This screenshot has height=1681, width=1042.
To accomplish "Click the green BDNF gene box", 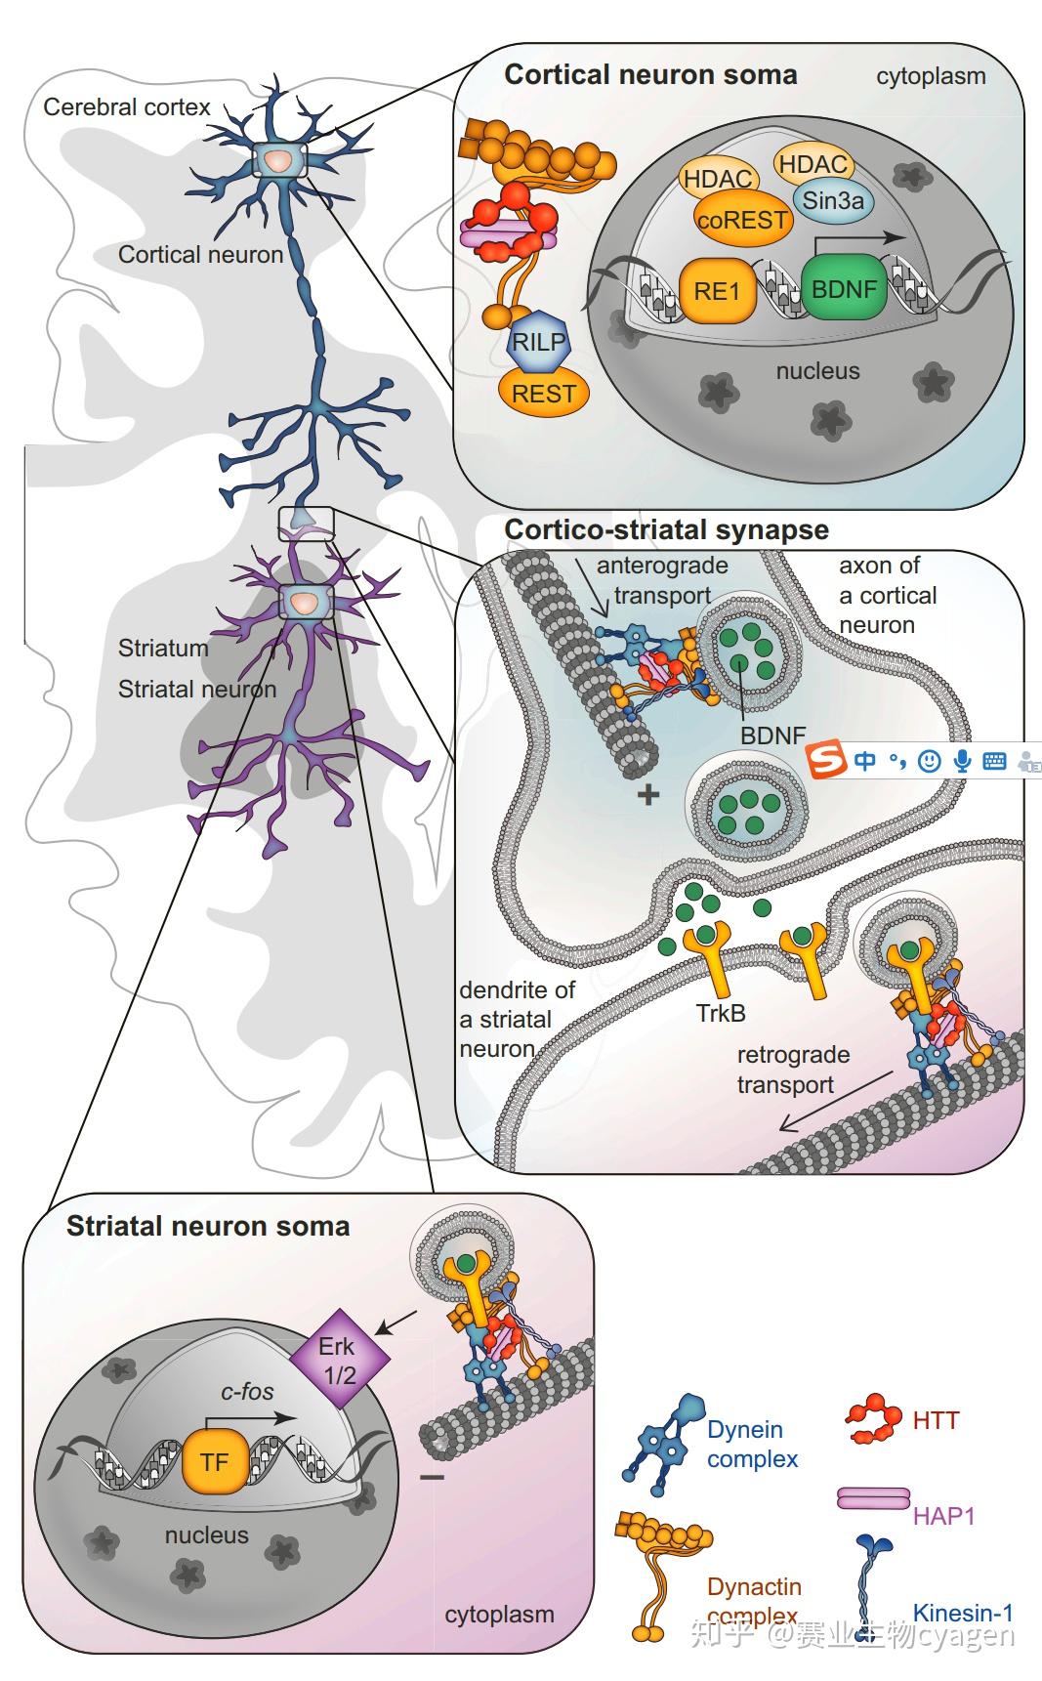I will pos(844,289).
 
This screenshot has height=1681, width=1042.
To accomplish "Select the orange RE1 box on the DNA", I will pos(717,290).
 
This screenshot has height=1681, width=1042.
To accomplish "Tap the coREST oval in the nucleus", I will pos(741,220).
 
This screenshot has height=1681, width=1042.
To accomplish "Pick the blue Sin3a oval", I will pos(832,201).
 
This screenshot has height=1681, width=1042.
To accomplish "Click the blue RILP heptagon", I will pos(538,343).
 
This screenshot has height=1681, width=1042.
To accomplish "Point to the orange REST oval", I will pos(543,393).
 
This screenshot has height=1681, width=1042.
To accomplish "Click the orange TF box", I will pos(214,1461).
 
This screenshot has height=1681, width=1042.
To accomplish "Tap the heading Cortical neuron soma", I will pos(650,75).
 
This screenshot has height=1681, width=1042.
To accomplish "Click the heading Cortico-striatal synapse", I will pos(666,530).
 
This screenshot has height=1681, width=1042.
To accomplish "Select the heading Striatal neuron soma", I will pos(207,1226).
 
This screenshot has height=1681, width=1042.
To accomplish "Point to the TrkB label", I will pos(721,1014).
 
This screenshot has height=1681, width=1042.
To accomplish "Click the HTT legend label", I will pos(936,1420).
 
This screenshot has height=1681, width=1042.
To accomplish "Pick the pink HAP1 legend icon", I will pos(873,1497).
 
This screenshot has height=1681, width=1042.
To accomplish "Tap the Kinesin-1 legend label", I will pos(962,1612).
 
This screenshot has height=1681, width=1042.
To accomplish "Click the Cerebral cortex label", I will pos(126,106).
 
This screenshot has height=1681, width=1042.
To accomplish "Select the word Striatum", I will pos(163,648).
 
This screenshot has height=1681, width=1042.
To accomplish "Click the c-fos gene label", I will pos(246,1391).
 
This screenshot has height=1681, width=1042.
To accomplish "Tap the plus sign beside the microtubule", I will pos(647,794).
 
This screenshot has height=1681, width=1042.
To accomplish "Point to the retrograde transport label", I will pos(792,1070).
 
